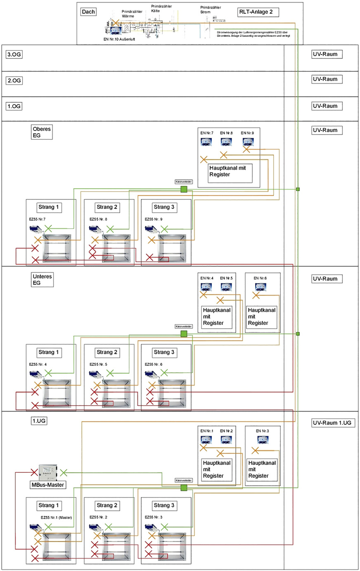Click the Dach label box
click(x=88, y=12)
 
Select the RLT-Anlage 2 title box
click(x=258, y=12)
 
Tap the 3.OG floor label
click(x=14, y=54)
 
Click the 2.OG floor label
click(x=14, y=81)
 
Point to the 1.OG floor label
click(x=14, y=106)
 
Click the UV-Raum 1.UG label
click(x=333, y=423)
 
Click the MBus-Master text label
click(x=48, y=485)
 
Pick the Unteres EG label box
click(x=42, y=280)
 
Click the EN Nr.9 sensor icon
click(x=248, y=142)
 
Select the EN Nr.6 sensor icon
click(x=261, y=287)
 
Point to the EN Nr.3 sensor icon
click(x=263, y=440)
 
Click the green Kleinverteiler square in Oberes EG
click(x=184, y=189)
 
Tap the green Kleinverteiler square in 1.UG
click(x=184, y=488)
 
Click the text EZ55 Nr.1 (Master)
click(x=56, y=517)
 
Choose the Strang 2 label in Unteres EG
click(x=107, y=352)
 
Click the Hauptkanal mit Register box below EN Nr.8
click(x=230, y=171)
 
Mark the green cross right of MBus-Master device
click(x=64, y=473)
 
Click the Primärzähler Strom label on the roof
click(x=211, y=9)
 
